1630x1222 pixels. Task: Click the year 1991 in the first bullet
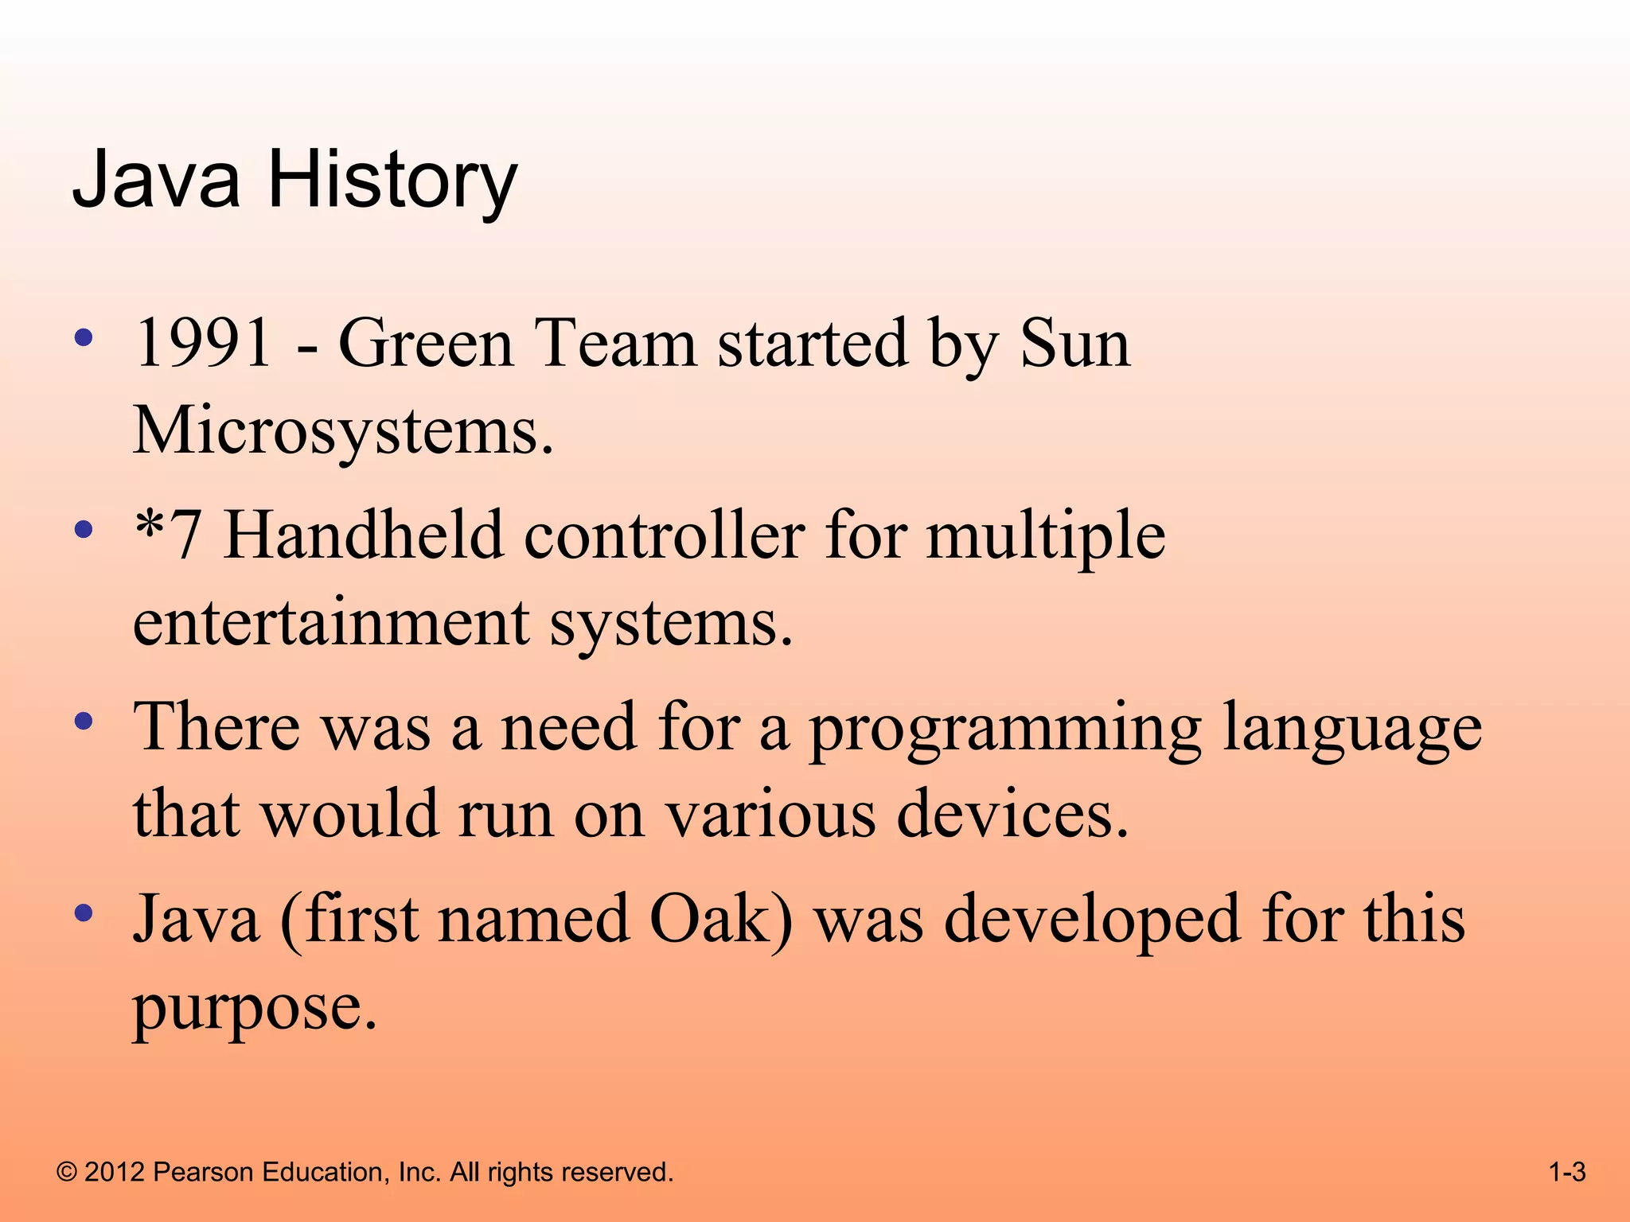pos(204,344)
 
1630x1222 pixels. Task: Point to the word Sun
pos(1074,344)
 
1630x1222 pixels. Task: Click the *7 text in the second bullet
pos(167,535)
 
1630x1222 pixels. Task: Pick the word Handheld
pos(363,535)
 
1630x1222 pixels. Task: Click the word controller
pos(664,535)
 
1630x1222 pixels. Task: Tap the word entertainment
pos(330,622)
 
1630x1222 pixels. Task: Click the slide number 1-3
pos(1567,1173)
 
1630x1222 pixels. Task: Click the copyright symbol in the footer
pos(67,1173)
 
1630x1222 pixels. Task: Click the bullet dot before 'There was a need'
pos(84,722)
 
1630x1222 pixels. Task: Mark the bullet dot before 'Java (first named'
pos(84,913)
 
